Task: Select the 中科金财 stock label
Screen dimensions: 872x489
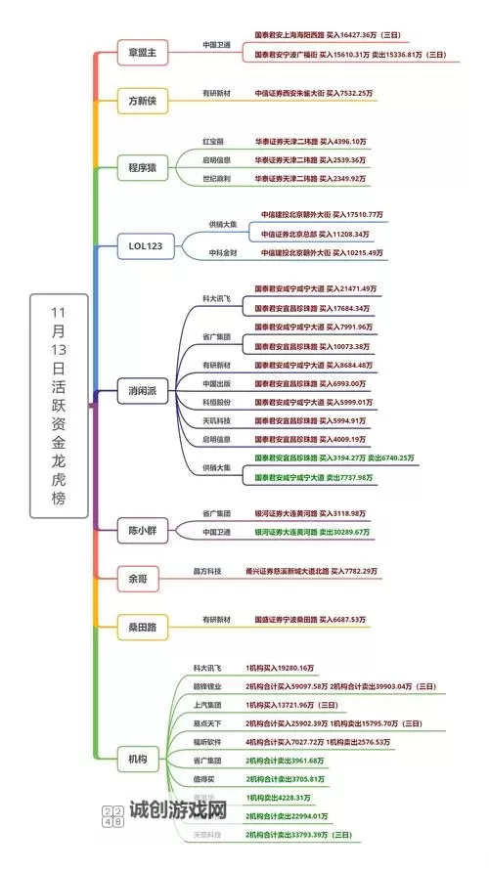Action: (223, 252)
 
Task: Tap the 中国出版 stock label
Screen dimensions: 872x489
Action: (217, 383)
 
